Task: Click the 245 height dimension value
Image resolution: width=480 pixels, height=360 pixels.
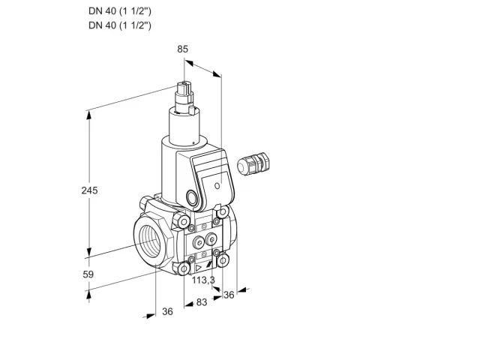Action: (89, 190)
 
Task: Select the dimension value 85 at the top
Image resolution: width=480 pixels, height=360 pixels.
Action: (183, 49)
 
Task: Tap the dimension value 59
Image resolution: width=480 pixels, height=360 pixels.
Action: (88, 274)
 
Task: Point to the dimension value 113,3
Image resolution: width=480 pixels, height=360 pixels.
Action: (203, 280)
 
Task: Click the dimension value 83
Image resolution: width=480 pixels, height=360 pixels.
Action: (202, 302)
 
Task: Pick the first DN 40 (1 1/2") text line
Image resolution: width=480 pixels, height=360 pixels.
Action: (120, 11)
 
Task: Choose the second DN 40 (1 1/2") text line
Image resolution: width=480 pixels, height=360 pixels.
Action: (120, 25)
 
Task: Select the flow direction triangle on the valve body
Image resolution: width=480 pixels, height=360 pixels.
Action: (199, 268)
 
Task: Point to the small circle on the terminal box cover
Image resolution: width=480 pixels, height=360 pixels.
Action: (217, 185)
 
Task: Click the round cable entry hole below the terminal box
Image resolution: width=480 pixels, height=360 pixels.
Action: (192, 197)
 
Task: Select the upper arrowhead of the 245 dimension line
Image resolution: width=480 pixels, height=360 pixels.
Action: (88, 115)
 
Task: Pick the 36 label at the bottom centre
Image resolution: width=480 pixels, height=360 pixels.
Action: (167, 311)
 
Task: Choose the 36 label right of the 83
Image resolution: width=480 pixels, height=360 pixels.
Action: (229, 295)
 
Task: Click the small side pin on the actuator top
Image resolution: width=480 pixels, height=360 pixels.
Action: (192, 110)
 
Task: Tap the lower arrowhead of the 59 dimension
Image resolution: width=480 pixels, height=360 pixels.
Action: (88, 295)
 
